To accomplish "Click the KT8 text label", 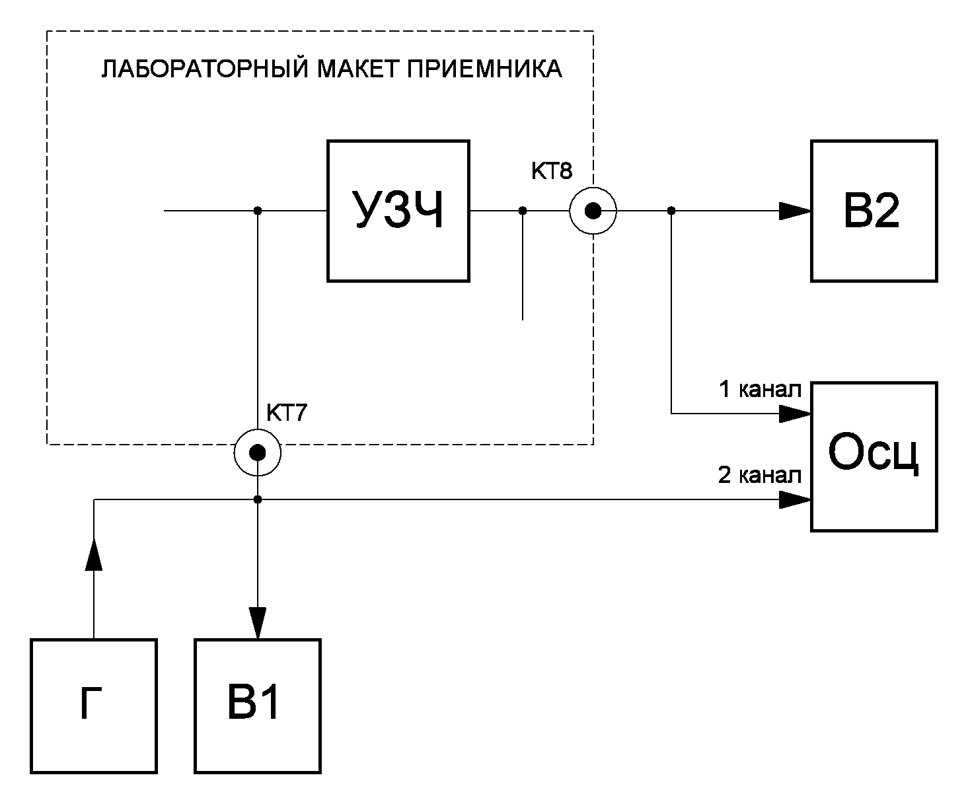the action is click(x=552, y=171).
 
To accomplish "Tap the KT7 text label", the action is click(x=287, y=412).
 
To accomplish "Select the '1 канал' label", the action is click(x=760, y=390).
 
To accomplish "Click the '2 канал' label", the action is click(x=760, y=475).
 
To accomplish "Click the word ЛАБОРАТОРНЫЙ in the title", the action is click(x=204, y=69).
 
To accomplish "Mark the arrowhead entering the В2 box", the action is click(x=795, y=211).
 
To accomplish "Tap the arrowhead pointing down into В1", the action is click(x=258, y=623).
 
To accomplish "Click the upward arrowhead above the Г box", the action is click(x=94, y=554).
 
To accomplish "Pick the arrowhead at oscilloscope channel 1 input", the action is click(x=795, y=414).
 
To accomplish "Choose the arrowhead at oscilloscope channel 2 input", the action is click(x=795, y=500).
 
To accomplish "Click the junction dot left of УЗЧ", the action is click(x=258, y=211).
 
